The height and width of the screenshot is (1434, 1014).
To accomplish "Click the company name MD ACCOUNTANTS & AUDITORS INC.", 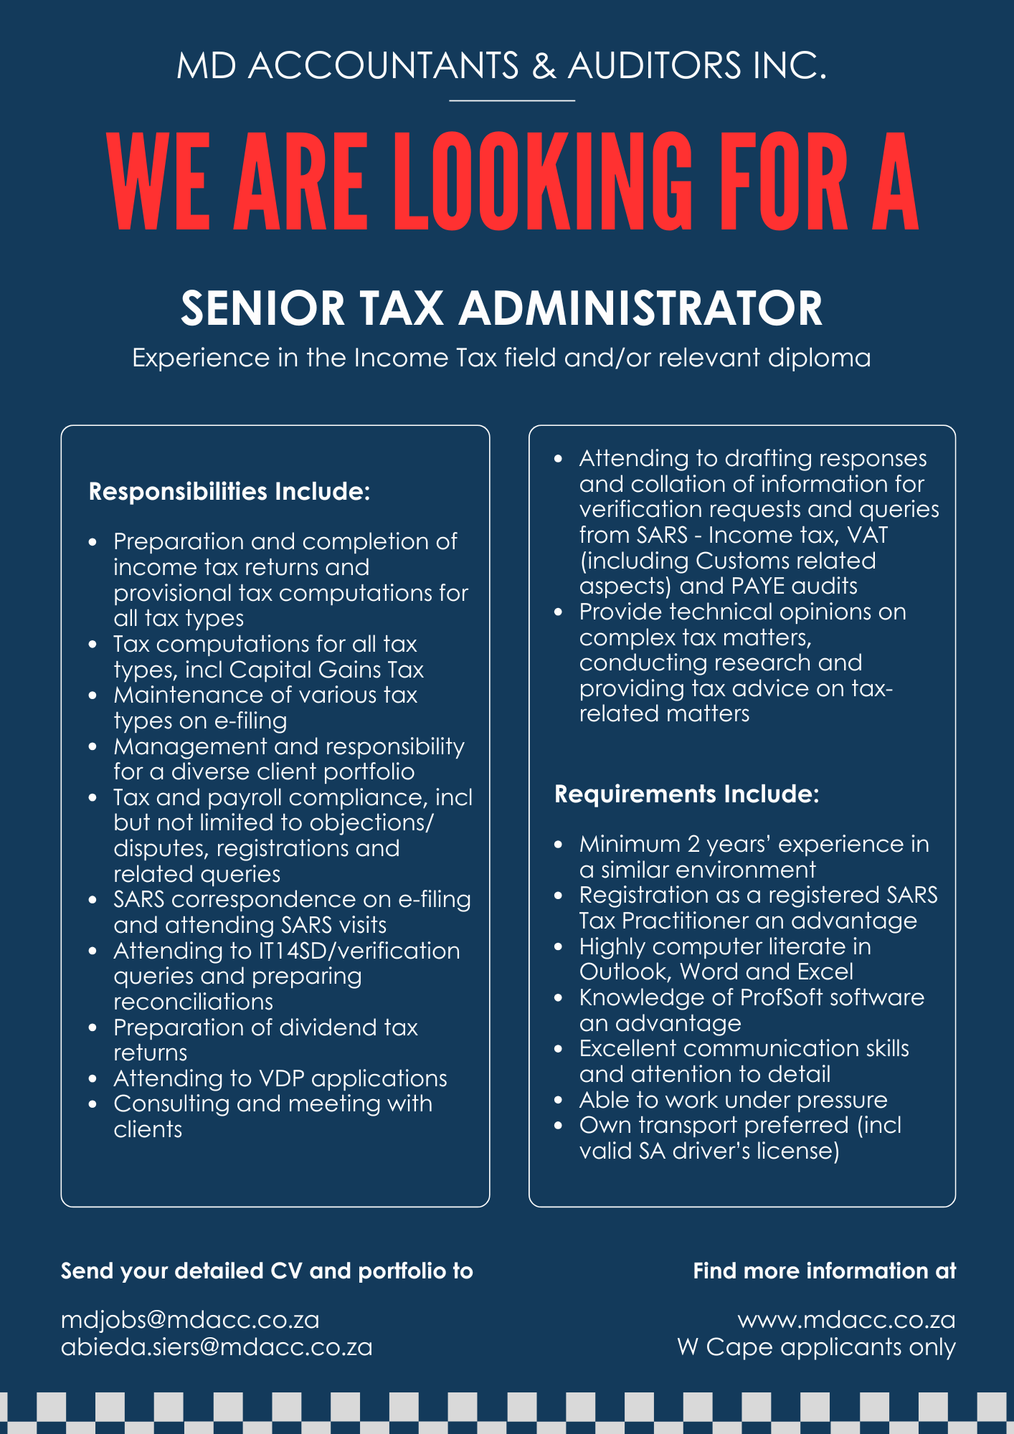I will point(502,66).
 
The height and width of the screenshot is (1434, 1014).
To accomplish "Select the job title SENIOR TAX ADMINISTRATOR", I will point(501,308).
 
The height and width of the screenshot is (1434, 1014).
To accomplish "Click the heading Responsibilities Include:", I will point(229,492).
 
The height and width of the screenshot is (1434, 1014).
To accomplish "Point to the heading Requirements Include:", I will point(686,794).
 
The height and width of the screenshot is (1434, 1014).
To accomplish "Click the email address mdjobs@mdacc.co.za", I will point(190,1320).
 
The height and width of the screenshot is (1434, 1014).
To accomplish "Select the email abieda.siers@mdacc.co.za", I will point(217,1347).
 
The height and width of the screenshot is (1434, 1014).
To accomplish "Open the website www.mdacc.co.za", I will point(846,1320).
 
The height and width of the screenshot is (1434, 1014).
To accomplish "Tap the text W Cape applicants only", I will point(816,1347).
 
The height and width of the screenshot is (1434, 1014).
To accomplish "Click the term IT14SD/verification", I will point(359,951).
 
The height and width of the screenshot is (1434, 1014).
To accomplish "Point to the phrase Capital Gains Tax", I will point(326,670).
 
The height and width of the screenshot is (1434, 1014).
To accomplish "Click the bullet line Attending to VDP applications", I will point(280,1078).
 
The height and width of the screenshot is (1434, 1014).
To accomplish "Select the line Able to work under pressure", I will point(733,1100).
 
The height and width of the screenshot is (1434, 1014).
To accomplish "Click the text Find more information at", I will point(824,1271).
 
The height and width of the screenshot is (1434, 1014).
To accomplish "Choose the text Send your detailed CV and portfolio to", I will point(267,1271).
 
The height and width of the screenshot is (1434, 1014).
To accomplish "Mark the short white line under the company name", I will point(512,101).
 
